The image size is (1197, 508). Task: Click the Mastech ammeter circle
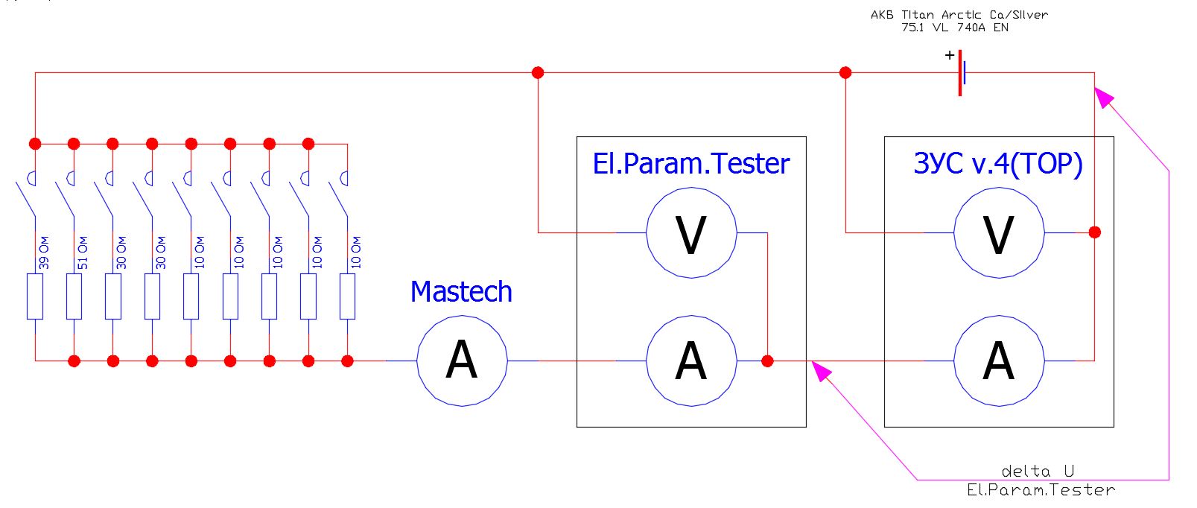click(462, 361)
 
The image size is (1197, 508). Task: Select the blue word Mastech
click(461, 292)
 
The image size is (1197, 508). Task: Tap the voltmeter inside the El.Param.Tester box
click(691, 234)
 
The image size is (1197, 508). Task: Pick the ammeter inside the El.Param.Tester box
click(691, 361)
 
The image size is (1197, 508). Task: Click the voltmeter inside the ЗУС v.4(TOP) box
click(999, 234)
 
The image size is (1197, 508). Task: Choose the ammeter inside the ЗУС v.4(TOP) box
click(999, 361)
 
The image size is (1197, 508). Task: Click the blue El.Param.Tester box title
click(690, 164)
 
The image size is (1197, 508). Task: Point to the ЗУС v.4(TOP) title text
click(998, 164)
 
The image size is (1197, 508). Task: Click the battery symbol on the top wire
click(962, 73)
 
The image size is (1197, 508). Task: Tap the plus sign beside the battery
click(949, 55)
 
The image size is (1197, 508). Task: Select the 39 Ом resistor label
click(44, 253)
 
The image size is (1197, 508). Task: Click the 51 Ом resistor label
click(83, 253)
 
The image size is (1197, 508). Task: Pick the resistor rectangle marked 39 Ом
click(35, 296)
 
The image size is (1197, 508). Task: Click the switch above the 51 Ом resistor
click(66, 195)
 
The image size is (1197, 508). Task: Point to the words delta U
click(1038, 472)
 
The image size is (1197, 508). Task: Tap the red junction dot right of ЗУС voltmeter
click(1094, 232)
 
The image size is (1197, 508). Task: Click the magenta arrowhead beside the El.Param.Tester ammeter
click(821, 370)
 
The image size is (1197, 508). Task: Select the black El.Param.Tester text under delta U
click(1041, 490)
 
